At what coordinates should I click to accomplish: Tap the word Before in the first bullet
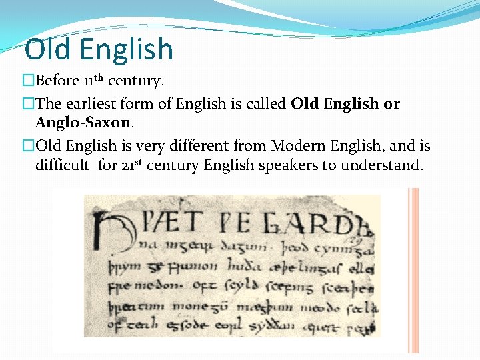pos(57,81)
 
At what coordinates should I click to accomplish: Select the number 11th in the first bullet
pos(93,81)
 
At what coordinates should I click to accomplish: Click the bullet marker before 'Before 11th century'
pos(28,81)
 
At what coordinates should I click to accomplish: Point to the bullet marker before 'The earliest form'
pos(28,104)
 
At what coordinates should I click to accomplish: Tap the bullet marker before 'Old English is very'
pos(28,146)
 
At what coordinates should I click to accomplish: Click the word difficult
pos(61,165)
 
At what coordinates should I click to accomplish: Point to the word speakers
pos(287,165)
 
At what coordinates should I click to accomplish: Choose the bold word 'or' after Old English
pos(392,104)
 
